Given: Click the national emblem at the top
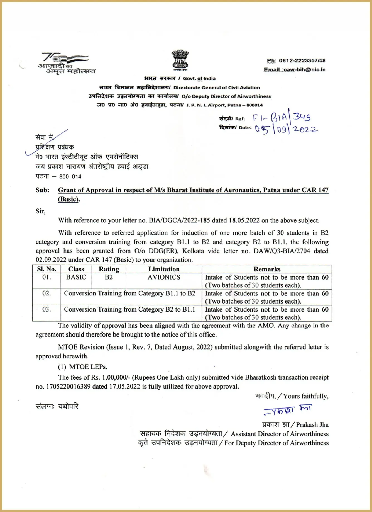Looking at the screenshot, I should click(180, 60).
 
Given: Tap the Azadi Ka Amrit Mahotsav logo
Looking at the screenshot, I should click(66, 64).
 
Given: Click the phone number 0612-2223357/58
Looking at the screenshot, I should click(302, 60).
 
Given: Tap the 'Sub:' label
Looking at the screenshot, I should click(42, 190).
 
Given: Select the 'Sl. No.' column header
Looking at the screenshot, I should click(46, 269).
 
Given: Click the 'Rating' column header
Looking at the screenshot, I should click(109, 269).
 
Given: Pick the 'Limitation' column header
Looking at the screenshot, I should click(164, 269).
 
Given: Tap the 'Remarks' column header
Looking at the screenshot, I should click(267, 269).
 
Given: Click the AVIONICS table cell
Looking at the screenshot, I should click(164, 277).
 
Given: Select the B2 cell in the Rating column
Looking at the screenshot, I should click(109, 277).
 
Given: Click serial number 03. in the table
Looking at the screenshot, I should click(46, 309).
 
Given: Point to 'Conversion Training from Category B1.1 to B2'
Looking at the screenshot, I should click(129, 293).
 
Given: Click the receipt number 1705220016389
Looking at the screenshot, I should click(68, 387).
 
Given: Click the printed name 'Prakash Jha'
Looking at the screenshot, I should click(312, 425).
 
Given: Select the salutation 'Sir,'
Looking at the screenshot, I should click(40, 211).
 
